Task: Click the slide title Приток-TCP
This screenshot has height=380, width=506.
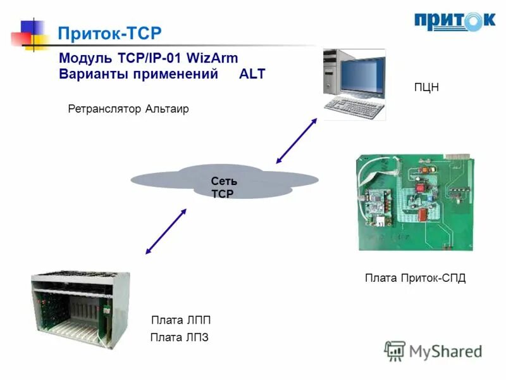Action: point(109,33)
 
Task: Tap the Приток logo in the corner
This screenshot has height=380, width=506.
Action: point(455,21)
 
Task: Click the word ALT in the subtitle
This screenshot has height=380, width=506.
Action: point(252,73)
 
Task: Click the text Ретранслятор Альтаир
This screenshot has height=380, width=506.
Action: point(128,109)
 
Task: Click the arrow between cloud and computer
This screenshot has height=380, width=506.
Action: point(296,140)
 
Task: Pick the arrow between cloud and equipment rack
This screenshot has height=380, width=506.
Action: point(166,231)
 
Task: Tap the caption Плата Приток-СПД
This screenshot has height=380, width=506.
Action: point(415,278)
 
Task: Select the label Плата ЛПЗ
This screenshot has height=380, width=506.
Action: point(179,338)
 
